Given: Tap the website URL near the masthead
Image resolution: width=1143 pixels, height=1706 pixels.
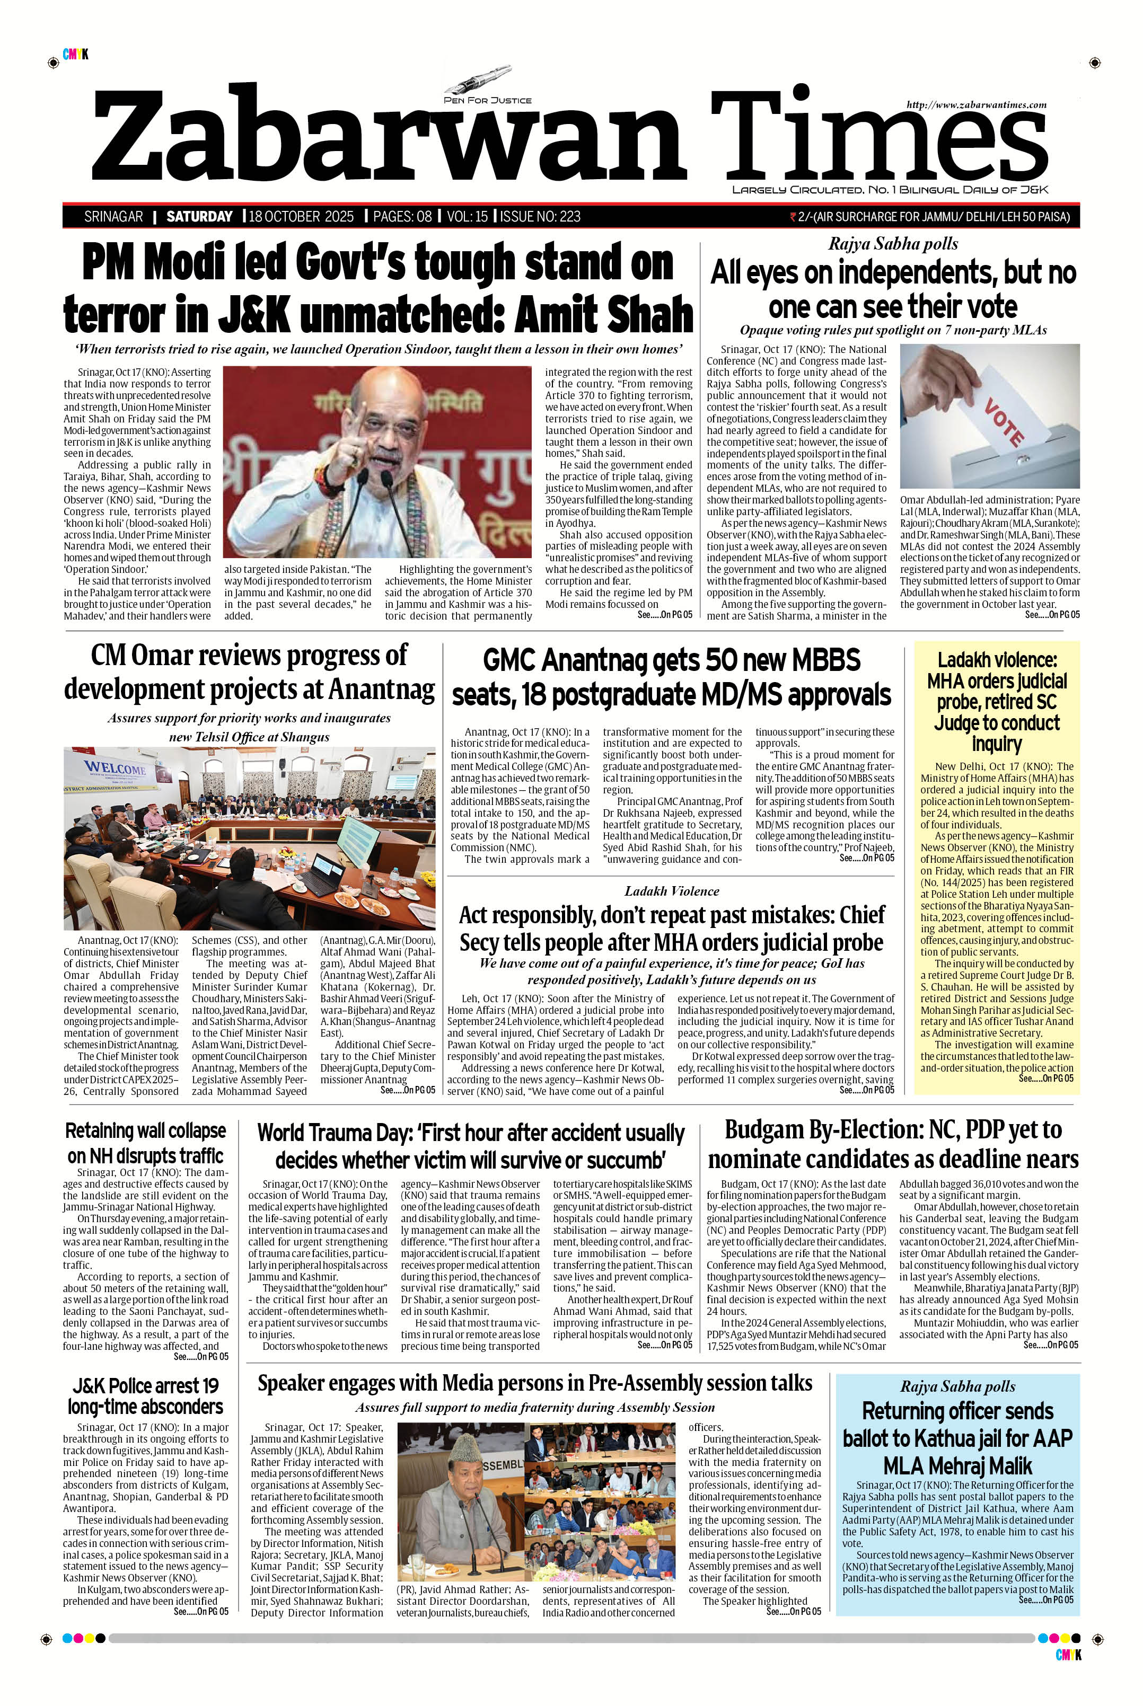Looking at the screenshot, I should [976, 105].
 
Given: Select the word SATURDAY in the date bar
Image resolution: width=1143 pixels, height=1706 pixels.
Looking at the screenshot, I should [199, 216].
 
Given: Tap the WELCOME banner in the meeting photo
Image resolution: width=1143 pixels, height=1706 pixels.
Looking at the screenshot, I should [115, 769].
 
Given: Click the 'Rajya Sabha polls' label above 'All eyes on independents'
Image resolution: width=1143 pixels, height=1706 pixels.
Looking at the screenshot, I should [892, 244].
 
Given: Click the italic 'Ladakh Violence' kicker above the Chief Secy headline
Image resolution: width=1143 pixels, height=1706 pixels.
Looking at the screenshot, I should [671, 890].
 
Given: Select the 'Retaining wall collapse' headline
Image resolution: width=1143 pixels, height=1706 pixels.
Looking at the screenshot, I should [146, 1131].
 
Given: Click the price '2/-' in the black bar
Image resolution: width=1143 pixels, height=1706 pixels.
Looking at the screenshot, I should [805, 216].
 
